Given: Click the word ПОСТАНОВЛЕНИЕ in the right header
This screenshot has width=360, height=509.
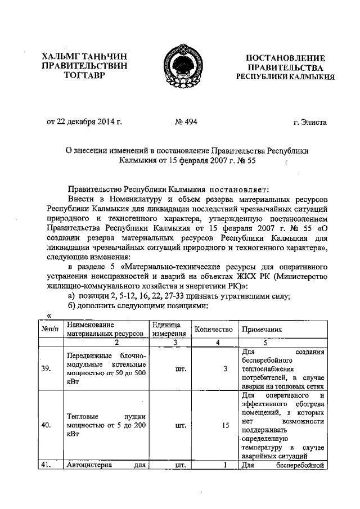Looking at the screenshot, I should [x=285, y=58].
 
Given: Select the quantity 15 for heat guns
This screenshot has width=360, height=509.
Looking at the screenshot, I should [x=225, y=426].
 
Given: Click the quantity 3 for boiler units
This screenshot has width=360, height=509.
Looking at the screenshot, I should [x=226, y=368].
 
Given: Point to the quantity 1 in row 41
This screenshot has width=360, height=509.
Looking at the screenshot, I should [x=224, y=465].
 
